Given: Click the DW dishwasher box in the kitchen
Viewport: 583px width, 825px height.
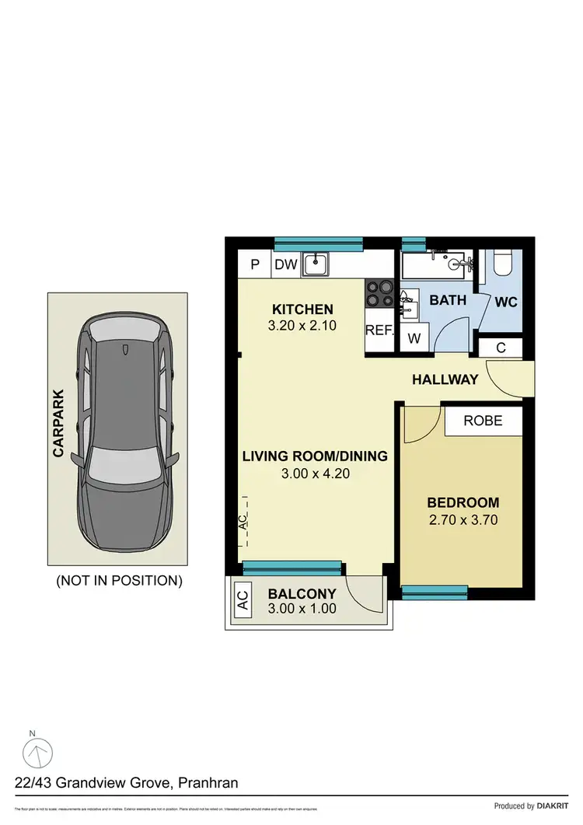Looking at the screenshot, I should click(286, 264).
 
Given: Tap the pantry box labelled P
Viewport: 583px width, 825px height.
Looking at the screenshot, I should click(254, 264).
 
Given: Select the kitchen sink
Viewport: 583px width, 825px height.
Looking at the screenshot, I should click(316, 264).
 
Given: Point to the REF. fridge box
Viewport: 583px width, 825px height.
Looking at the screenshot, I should click(379, 330).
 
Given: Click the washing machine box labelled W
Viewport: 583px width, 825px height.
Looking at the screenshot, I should click(413, 338).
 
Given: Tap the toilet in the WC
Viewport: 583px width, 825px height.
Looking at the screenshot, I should click(501, 264).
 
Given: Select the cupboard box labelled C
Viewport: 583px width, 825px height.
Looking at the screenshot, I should click(501, 348).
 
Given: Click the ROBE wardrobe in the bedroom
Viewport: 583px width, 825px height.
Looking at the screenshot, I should click(483, 421).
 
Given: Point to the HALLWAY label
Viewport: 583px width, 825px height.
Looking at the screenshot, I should click(445, 380).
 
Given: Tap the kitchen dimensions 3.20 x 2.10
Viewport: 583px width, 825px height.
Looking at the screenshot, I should click(302, 327).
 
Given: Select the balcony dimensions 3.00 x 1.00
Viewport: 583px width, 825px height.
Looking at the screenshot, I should click(302, 609).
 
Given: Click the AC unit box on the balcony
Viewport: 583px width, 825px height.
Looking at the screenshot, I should click(242, 600).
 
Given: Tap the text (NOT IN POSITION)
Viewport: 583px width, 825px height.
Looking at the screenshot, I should click(120, 580).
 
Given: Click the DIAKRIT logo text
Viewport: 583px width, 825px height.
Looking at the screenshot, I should click(552, 806).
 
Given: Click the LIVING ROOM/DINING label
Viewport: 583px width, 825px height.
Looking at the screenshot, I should click(314, 456).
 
